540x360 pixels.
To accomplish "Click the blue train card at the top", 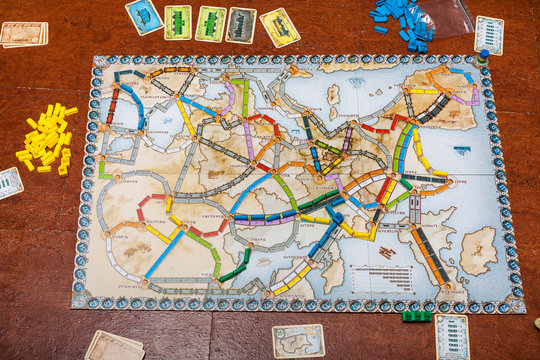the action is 144,15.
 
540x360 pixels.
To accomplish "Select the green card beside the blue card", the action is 178,22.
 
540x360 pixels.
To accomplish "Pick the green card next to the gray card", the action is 210,24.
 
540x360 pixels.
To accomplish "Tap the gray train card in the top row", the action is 241,25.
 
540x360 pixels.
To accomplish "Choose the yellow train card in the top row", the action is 280,27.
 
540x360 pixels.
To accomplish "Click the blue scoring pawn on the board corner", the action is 484,56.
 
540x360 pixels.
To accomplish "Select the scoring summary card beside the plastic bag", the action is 489,34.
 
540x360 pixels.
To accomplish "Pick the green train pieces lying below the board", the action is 417,316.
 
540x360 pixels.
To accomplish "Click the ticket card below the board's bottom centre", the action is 298,340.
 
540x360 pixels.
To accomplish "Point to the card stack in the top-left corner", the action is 22,34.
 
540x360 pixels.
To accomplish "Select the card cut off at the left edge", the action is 9,182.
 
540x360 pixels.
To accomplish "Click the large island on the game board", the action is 477,250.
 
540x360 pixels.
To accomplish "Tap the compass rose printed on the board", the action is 461,151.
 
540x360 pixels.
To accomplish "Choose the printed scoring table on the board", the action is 384,276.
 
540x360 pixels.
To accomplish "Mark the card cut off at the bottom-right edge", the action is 452,337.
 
